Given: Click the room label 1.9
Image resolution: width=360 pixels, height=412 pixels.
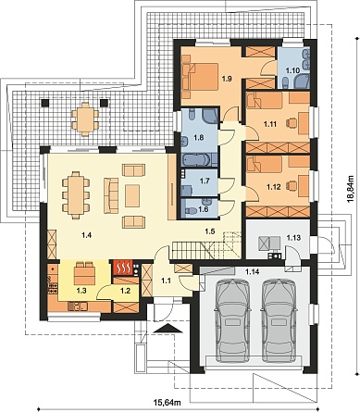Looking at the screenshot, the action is click(x=227, y=79).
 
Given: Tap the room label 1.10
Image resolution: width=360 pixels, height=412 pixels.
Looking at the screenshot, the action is click(x=292, y=70).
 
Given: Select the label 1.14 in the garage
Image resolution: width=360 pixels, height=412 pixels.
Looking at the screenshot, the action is click(x=252, y=271).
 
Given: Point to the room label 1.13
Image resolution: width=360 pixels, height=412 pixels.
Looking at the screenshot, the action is click(x=293, y=238).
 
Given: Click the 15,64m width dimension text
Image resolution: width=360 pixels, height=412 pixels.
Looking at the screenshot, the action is click(x=167, y=402).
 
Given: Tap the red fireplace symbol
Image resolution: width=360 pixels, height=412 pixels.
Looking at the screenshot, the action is click(x=123, y=268).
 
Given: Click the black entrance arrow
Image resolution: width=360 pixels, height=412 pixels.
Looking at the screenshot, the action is click(x=168, y=329).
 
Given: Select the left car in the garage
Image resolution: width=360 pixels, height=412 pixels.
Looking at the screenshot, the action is click(x=232, y=320).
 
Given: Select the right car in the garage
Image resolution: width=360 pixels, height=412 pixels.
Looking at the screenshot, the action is click(x=279, y=320).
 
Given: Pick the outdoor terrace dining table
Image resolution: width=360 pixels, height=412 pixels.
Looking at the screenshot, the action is click(x=85, y=119).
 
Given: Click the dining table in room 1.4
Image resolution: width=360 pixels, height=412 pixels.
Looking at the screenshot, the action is click(x=76, y=195).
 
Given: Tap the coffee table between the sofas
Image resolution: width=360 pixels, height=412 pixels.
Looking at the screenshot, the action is click(x=132, y=195).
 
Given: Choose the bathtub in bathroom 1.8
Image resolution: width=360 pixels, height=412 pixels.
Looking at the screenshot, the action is click(x=196, y=160).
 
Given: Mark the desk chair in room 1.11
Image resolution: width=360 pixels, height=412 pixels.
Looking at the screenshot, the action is click(x=292, y=123).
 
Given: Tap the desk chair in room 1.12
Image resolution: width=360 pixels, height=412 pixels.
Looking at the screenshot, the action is click(x=292, y=185).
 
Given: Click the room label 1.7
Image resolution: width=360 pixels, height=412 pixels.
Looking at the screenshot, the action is click(x=205, y=181).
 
